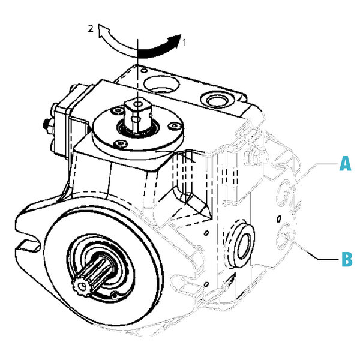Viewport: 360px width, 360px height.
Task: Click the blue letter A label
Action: coord(344,163)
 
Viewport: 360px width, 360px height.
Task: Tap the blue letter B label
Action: coord(346,260)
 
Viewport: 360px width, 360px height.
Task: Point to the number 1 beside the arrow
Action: coord(185,43)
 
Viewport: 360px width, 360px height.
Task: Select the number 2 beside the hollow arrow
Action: coord(90,28)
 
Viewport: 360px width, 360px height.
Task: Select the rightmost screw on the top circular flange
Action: coord(173,126)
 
